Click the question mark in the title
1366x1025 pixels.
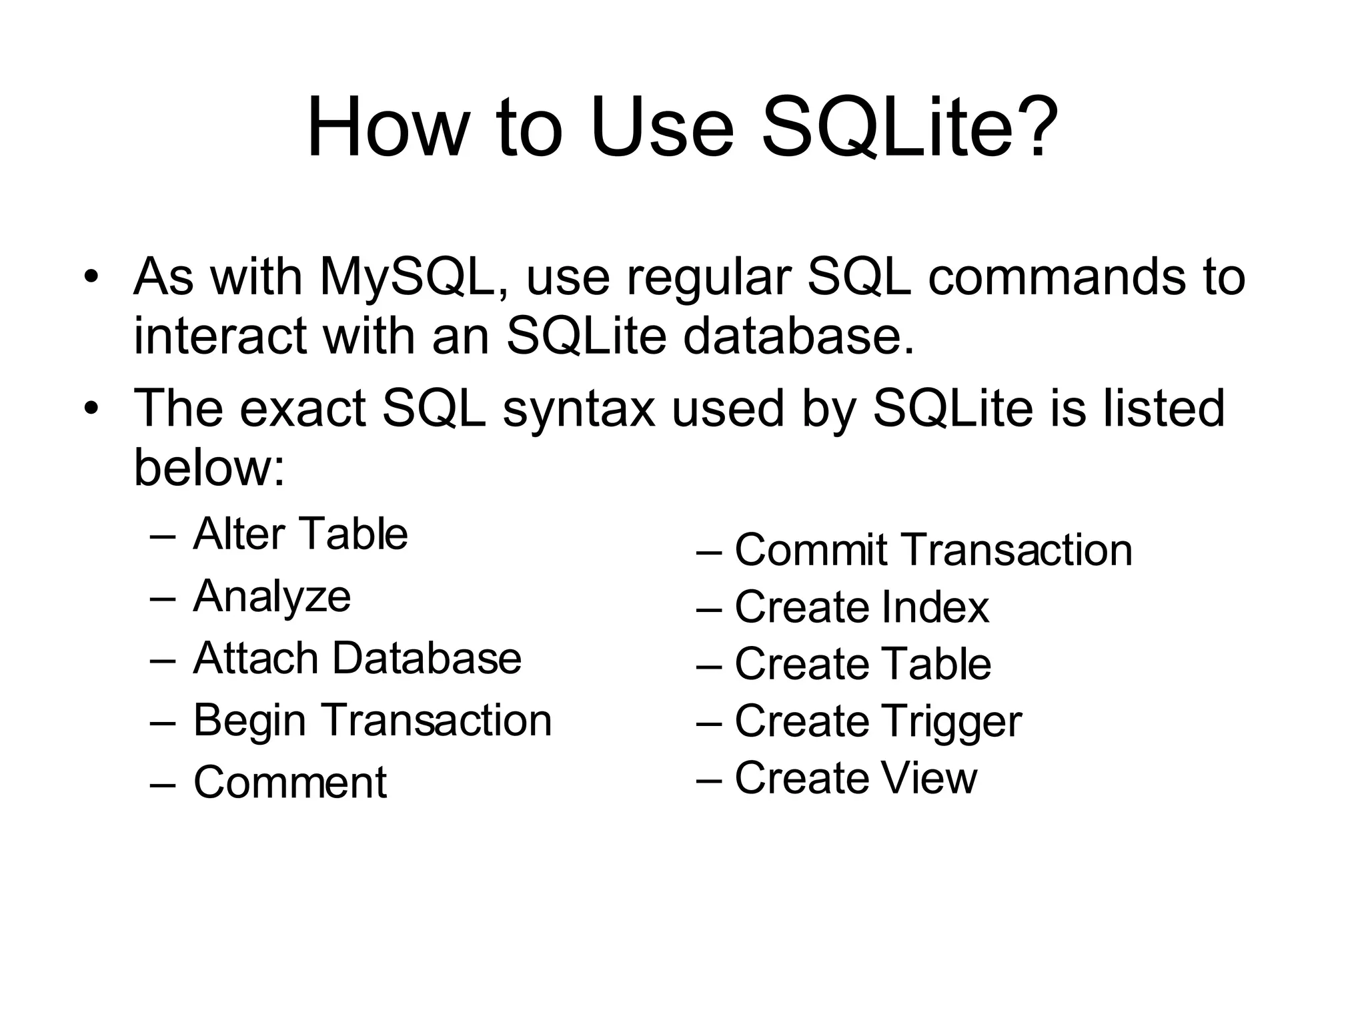(x=1034, y=127)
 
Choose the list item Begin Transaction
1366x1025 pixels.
(x=372, y=721)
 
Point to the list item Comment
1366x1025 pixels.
(x=289, y=782)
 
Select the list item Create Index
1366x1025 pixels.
(x=862, y=607)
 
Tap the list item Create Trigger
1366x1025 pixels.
(x=878, y=721)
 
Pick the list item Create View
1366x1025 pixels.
(x=856, y=778)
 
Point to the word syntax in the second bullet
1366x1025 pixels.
(x=579, y=408)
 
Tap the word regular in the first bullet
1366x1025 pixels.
(x=708, y=277)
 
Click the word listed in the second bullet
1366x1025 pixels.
(x=1163, y=408)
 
